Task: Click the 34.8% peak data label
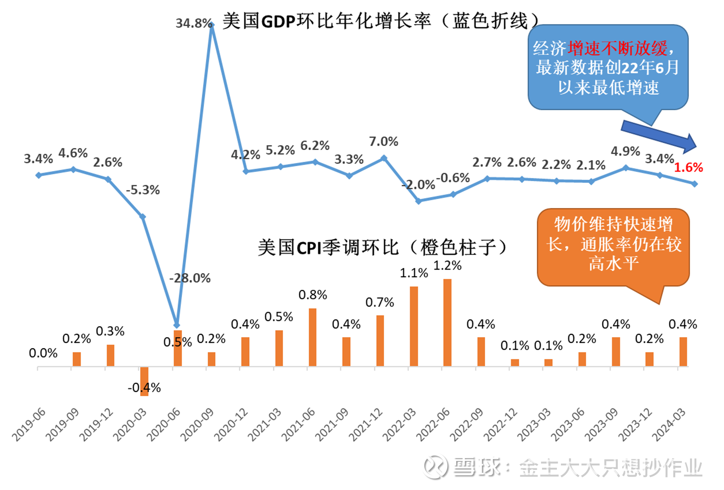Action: [x=194, y=23]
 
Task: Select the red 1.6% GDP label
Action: [x=688, y=167]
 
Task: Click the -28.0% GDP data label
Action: [x=190, y=278]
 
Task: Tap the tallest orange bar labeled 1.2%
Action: [x=447, y=322]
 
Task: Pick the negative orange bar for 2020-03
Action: [x=144, y=381]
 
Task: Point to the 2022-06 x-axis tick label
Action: [x=433, y=424]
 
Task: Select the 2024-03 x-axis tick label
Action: [x=669, y=424]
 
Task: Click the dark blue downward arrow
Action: [x=658, y=136]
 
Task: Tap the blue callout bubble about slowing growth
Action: [x=608, y=68]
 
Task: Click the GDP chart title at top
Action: [x=381, y=21]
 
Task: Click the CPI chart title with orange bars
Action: [x=383, y=247]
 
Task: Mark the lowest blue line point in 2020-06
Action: [x=177, y=325]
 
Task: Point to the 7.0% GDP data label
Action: [x=383, y=142]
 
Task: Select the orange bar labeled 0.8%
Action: [x=312, y=337]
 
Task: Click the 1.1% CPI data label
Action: [x=414, y=273]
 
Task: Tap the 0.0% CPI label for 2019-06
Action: [x=43, y=353]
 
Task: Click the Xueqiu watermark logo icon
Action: [x=436, y=467]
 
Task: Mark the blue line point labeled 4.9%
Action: [x=625, y=168]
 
